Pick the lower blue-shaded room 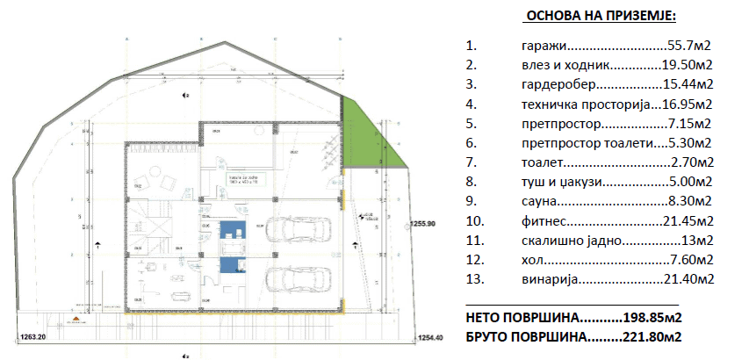click(230, 266)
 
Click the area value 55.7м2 click(690, 45)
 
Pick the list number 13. click(473, 279)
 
